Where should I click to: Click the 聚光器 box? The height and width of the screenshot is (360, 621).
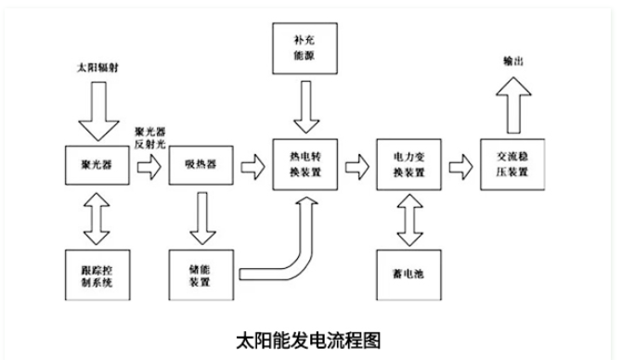click(93, 166)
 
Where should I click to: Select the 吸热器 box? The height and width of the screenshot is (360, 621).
click(198, 166)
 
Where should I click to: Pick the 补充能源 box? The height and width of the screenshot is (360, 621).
click(304, 48)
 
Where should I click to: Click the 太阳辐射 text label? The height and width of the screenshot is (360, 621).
click(95, 71)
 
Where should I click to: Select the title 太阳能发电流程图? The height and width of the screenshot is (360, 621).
click(310, 339)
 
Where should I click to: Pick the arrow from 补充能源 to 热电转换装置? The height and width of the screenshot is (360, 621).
click(304, 109)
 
